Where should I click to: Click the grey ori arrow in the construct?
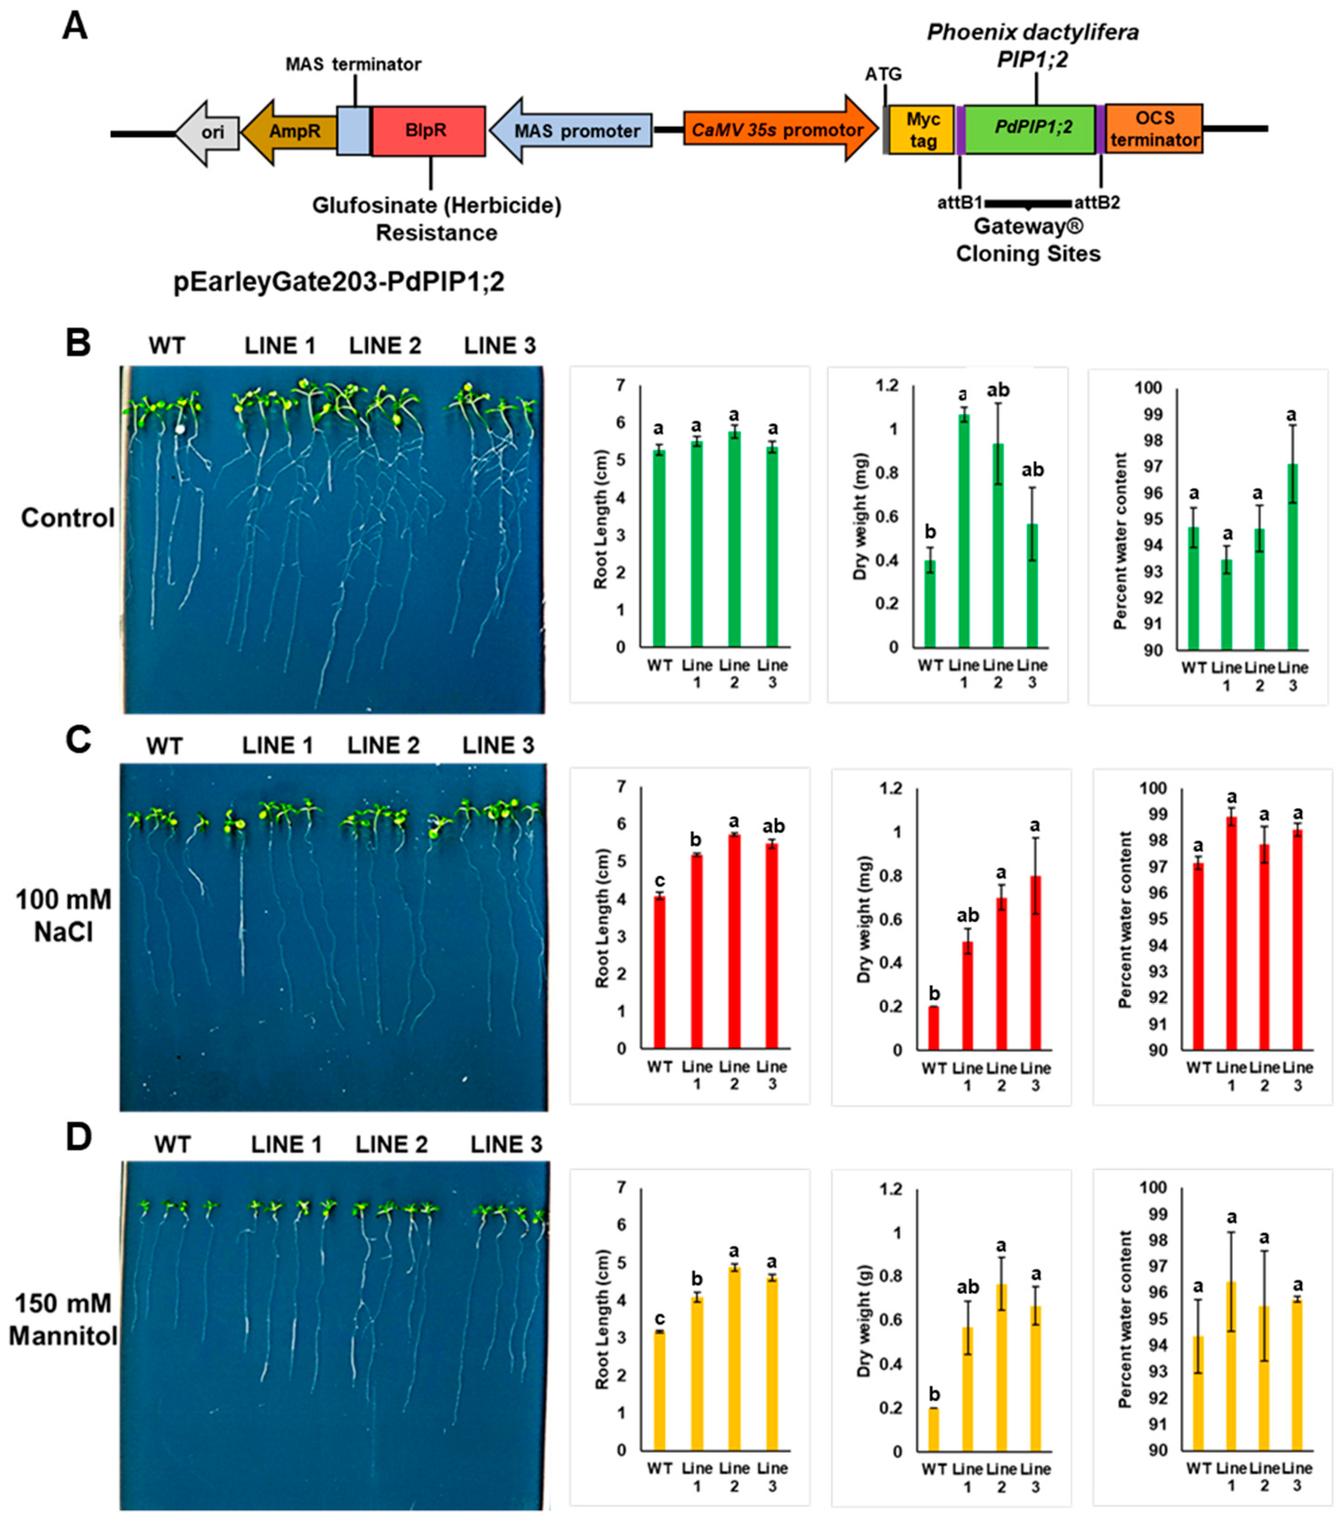click(208, 133)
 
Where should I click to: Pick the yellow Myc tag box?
click(922, 130)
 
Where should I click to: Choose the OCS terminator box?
click(1153, 129)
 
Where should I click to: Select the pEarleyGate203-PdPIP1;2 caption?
click(339, 282)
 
